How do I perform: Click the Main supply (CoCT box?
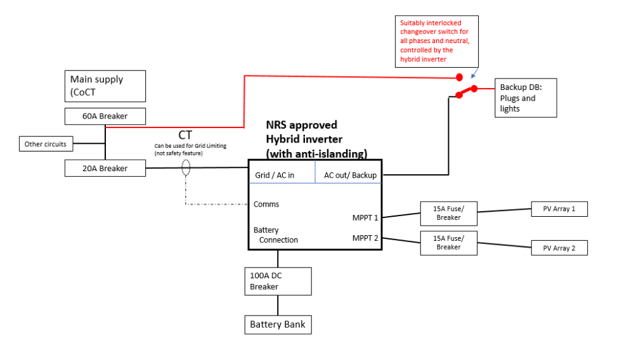pyautogui.click(x=105, y=86)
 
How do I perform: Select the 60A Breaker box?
pyautogui.click(x=105, y=116)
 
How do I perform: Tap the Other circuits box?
pyautogui.click(x=46, y=144)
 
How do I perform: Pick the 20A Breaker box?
pyautogui.click(x=105, y=168)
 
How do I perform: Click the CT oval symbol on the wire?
pyautogui.click(x=186, y=168)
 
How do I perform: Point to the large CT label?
pyautogui.click(x=185, y=135)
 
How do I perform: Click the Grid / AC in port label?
pyautogui.click(x=275, y=175)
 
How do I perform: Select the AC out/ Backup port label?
pyautogui.click(x=350, y=175)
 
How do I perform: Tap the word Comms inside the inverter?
pyautogui.click(x=266, y=204)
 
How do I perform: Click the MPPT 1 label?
pyautogui.click(x=365, y=217)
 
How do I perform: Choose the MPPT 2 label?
pyautogui.click(x=365, y=238)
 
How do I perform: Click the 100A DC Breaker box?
pyautogui.click(x=278, y=281)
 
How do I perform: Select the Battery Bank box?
pyautogui.click(x=278, y=325)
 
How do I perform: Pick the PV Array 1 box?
pyautogui.click(x=559, y=209)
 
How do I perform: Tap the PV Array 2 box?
pyautogui.click(x=559, y=248)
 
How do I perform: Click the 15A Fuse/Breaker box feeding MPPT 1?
pyautogui.click(x=449, y=214)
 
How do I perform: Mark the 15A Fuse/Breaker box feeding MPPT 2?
pyautogui.click(x=449, y=243)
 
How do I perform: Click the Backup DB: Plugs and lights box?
pyautogui.click(x=526, y=98)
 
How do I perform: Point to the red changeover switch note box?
pyautogui.click(x=437, y=41)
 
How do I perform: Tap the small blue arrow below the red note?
pyautogui.click(x=474, y=74)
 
